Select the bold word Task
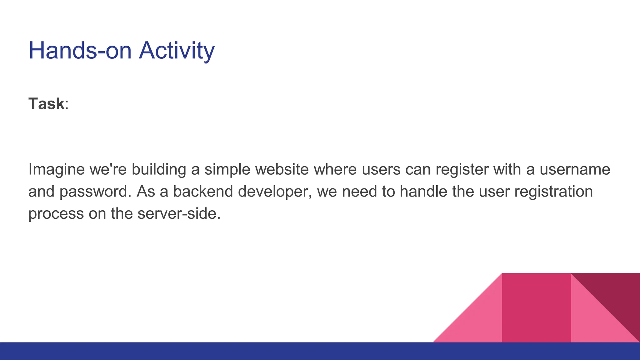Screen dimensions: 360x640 [x=46, y=104]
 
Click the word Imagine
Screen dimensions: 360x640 [x=56, y=169]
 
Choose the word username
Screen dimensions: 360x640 [x=575, y=169]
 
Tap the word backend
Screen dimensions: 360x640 [x=203, y=192]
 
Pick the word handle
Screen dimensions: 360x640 [x=423, y=192]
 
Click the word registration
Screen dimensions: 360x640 [x=553, y=192]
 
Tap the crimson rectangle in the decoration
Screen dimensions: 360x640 [x=536, y=308]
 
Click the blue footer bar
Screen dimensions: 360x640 [x=219, y=351]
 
